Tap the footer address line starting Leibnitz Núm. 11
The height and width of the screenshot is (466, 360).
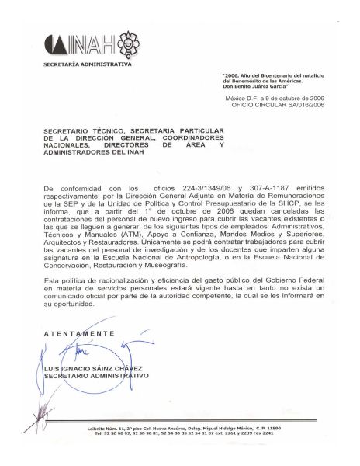click(181, 429)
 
